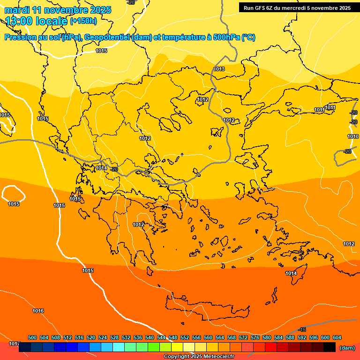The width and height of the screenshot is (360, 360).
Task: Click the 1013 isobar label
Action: point(219,69)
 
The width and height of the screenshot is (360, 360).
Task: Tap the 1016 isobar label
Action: point(38,311)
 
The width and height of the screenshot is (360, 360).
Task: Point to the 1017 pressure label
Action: point(14,344)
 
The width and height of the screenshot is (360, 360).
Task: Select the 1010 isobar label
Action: point(353,136)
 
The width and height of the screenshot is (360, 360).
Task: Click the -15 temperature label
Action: point(302,330)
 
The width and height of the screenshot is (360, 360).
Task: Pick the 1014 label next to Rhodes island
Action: point(291,273)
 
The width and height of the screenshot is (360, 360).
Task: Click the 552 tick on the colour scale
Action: point(185,338)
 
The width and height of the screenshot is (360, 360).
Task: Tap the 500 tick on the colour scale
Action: point(32,338)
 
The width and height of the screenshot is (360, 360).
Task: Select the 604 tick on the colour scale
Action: point(337,338)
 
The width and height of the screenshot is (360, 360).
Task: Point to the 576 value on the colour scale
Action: point(255,338)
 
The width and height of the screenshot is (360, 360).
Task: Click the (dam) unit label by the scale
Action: point(347,348)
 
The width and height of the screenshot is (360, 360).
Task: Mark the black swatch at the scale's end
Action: point(330,347)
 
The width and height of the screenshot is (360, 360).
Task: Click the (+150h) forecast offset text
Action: point(83,21)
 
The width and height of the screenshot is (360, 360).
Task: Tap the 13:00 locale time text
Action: point(36,21)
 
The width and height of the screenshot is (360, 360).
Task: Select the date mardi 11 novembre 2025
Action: point(58,10)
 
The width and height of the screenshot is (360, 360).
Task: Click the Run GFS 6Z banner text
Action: point(297,8)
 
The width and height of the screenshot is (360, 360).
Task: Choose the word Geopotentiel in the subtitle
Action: point(107,37)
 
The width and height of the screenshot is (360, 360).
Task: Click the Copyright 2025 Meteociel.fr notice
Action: point(199,356)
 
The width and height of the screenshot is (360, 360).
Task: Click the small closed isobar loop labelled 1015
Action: point(14,194)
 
